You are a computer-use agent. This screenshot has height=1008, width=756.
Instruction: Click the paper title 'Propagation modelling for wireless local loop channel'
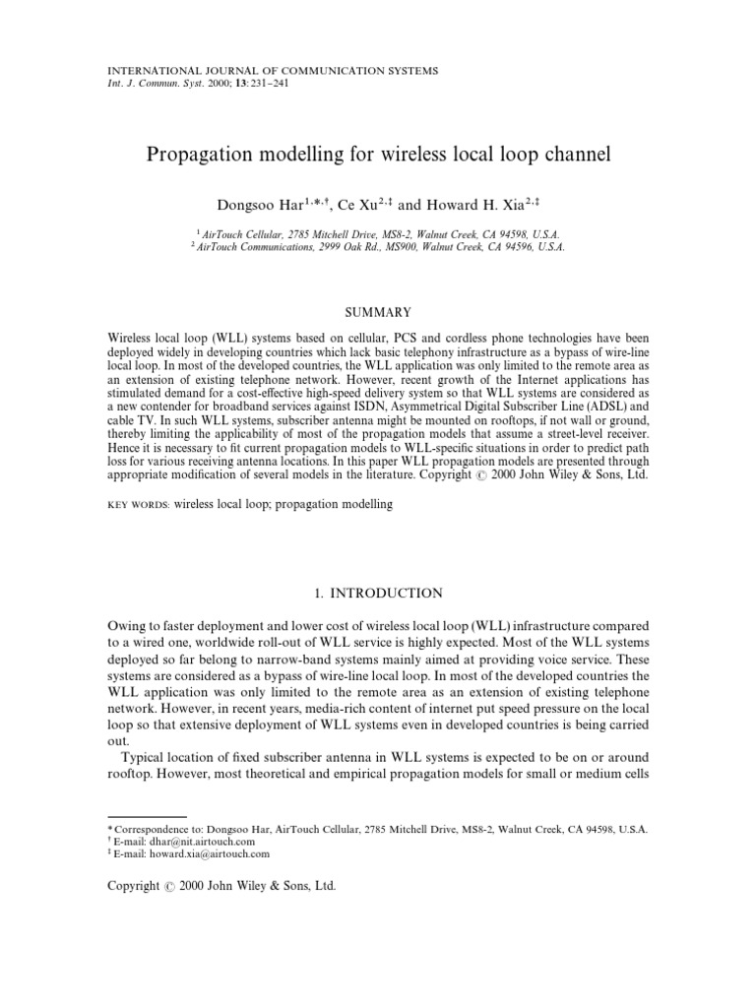[378, 154]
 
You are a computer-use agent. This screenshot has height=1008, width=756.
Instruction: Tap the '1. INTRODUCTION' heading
[378, 593]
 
